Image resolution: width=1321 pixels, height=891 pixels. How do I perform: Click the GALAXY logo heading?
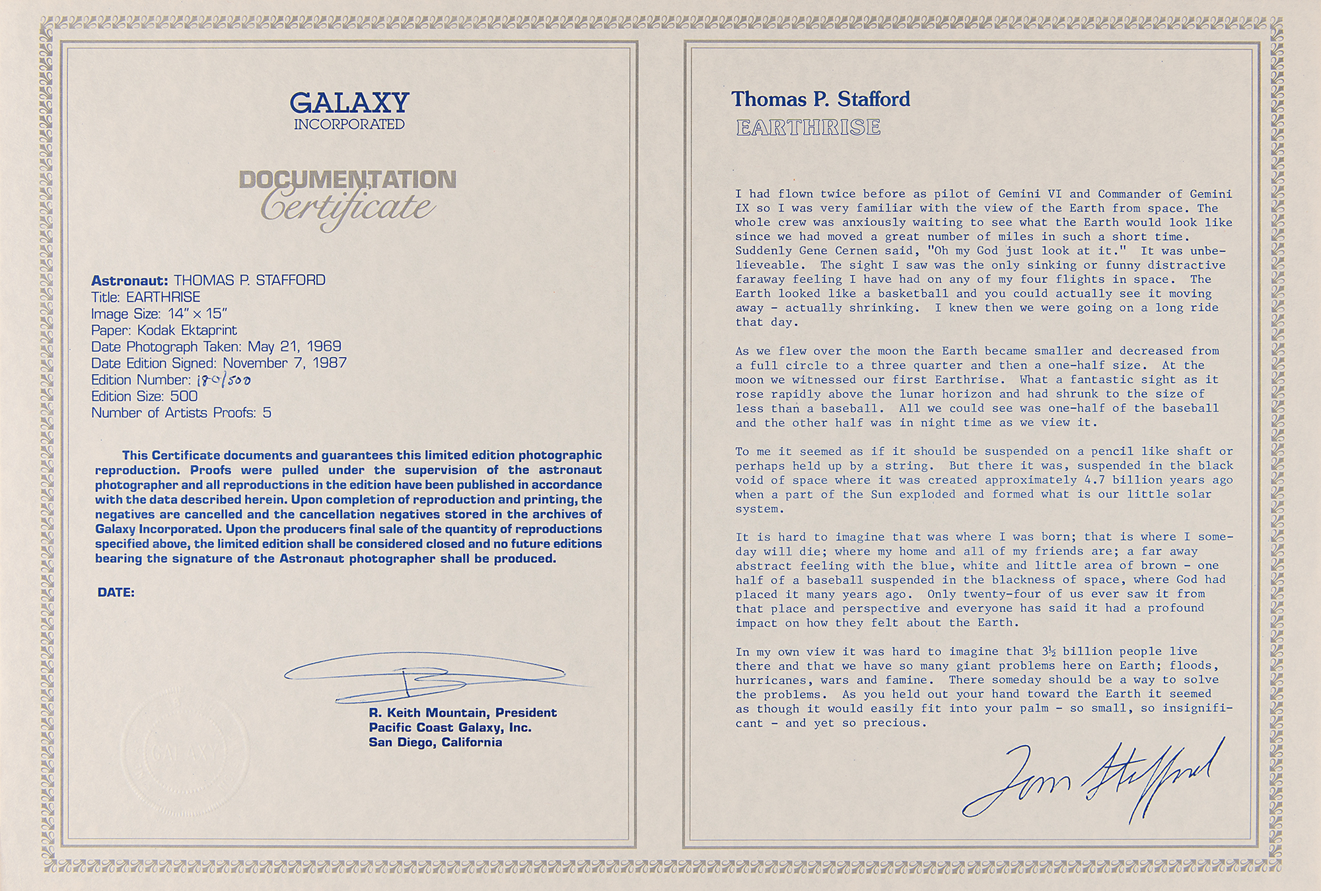pyautogui.click(x=349, y=102)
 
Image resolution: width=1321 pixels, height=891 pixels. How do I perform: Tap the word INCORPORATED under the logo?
pyautogui.click(x=349, y=124)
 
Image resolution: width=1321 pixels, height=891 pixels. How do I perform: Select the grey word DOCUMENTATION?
pyautogui.click(x=347, y=180)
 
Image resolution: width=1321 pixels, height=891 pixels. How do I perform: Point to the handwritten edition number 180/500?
pyautogui.click(x=224, y=380)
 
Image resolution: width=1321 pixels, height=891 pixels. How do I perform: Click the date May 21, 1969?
pyautogui.click(x=295, y=346)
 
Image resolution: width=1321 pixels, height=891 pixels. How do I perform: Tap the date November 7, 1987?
pyautogui.click(x=285, y=363)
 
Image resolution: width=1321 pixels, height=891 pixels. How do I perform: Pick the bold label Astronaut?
pyautogui.click(x=130, y=280)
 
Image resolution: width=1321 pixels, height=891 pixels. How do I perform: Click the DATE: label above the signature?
pyautogui.click(x=116, y=593)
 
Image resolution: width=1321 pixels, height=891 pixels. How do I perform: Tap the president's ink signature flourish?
pyautogui.click(x=423, y=676)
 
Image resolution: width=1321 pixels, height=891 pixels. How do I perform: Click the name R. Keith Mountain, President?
pyautogui.click(x=462, y=713)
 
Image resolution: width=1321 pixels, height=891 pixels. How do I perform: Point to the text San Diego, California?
pyautogui.click(x=435, y=742)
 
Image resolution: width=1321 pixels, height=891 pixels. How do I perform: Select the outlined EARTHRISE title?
pyautogui.click(x=808, y=127)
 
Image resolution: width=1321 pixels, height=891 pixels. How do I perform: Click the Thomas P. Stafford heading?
pyautogui.click(x=820, y=100)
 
